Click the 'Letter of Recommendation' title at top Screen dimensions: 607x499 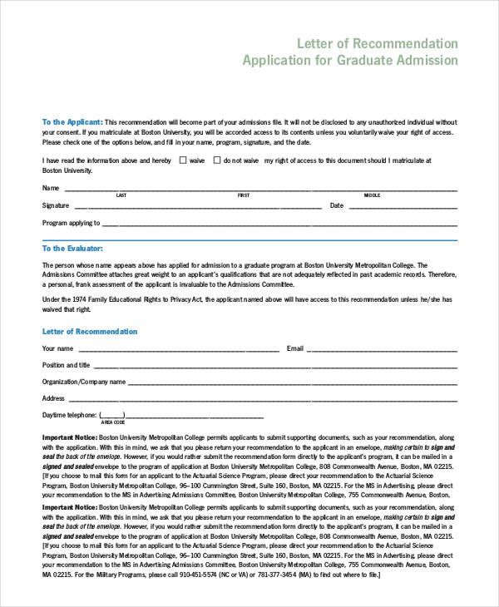376,42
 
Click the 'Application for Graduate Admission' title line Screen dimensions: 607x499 349,61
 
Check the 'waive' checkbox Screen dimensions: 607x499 183,160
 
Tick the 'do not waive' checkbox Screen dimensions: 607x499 217,160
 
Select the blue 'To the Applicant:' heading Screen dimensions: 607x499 72,121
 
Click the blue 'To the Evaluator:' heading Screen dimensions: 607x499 72,248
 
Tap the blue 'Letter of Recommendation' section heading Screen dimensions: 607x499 90,331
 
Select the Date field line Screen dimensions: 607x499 403,207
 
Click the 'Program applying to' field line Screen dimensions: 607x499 279,225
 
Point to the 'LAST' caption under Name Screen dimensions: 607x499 121,195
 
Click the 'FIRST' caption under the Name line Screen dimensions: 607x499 244,195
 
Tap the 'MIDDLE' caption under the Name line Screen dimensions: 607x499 372,195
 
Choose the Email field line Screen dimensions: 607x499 383,350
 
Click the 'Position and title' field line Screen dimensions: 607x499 274,367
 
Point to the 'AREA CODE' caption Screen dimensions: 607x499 113,422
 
